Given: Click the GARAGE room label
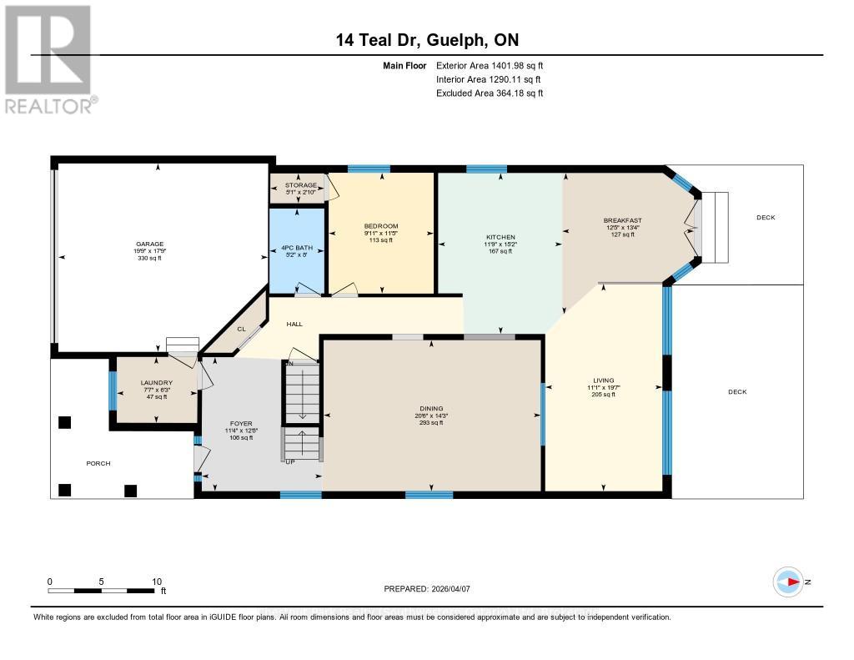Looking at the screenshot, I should [x=151, y=244].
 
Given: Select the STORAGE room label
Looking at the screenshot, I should [x=300, y=185].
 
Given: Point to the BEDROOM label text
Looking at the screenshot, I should [x=380, y=226].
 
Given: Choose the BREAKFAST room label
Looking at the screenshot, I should [x=622, y=220].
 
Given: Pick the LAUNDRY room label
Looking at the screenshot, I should [x=156, y=383].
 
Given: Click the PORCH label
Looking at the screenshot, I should [x=98, y=463].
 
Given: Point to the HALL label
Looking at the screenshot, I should [x=294, y=324].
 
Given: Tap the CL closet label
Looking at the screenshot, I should [x=241, y=329].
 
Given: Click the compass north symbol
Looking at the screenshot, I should [x=787, y=582].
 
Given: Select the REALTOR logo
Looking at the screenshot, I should [x=49, y=59].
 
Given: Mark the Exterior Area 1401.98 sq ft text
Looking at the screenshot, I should [x=490, y=66].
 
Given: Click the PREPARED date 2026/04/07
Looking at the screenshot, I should [x=427, y=589].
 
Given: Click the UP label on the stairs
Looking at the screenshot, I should [x=289, y=461].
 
